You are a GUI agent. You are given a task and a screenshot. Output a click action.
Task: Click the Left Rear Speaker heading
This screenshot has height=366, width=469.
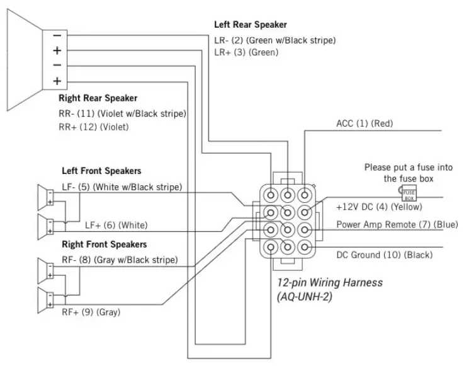point(251,25)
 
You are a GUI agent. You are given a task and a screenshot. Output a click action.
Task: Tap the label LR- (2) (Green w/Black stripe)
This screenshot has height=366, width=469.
point(275,40)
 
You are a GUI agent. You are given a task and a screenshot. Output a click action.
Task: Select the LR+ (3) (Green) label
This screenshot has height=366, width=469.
point(246,52)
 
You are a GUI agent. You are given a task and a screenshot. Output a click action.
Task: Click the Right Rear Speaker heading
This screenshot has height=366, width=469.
point(98,98)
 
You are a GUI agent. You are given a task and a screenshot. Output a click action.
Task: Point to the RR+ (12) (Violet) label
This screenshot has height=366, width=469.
point(94,127)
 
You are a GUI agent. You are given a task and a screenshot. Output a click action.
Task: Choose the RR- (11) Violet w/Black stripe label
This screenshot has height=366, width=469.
point(122,114)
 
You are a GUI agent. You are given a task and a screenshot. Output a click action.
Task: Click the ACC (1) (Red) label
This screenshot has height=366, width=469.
point(364,123)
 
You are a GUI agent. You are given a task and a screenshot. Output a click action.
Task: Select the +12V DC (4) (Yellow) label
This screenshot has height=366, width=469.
point(379,207)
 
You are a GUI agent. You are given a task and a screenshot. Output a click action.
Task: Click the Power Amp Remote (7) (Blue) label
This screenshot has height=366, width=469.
point(397,224)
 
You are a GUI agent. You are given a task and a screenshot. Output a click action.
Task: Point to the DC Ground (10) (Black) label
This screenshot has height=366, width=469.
point(385,254)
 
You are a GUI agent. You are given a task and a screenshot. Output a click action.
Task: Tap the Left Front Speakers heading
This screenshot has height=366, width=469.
point(101,171)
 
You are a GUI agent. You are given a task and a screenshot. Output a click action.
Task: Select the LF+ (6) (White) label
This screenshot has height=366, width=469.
point(116,225)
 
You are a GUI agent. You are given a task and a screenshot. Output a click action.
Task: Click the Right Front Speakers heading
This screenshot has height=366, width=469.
point(104,244)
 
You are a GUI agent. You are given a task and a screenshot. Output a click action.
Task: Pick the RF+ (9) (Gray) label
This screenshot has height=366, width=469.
point(91,312)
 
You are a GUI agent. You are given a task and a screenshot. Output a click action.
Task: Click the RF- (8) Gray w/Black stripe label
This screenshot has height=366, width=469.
point(120,260)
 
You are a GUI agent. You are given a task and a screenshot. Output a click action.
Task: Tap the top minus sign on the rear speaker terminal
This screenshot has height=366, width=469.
point(57,36)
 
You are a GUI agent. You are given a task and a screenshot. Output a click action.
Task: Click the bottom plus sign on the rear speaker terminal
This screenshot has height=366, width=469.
point(57,81)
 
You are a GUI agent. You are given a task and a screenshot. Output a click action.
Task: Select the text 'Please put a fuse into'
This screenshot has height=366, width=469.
point(409,168)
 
